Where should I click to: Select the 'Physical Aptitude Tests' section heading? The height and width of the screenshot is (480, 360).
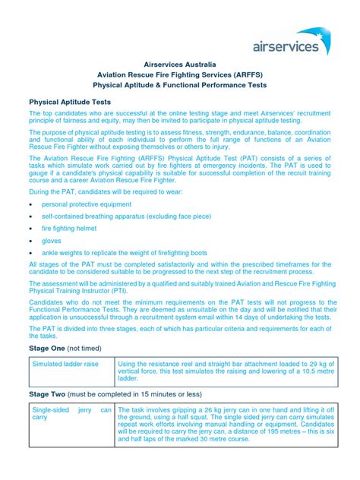pyautogui.click(x=71, y=101)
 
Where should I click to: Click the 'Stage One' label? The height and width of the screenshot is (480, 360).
pyautogui.click(x=49, y=348)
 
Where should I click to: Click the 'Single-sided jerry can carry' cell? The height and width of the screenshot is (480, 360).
pyautogui.click(x=71, y=414)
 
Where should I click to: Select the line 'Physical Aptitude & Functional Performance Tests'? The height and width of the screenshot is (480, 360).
pyautogui.click(x=180, y=86)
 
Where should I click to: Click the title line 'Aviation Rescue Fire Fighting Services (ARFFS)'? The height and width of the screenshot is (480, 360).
pyautogui.click(x=180, y=76)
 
